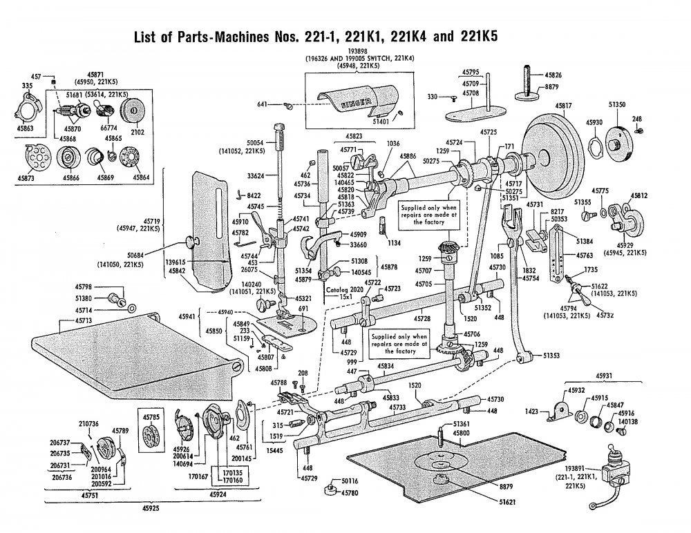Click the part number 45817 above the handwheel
tap(564, 106)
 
